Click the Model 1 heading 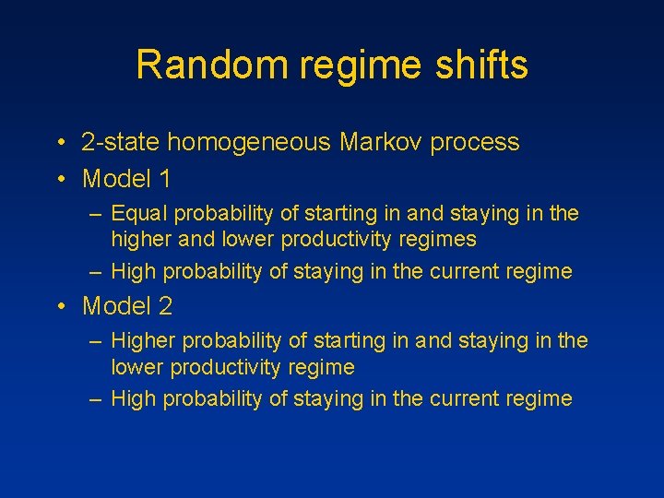coord(127,177)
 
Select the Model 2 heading coord(127,305)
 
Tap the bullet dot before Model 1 coord(59,178)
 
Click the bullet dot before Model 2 coord(59,306)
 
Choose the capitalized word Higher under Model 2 coord(143,341)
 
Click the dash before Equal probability coord(96,214)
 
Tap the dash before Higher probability coord(96,341)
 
